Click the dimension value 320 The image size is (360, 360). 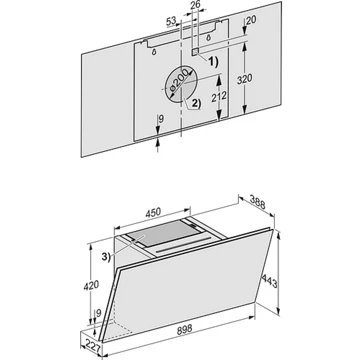point(245,79)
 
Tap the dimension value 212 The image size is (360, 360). point(219,96)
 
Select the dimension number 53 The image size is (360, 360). point(171,22)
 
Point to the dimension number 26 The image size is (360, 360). point(196,5)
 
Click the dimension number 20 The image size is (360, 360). point(251,20)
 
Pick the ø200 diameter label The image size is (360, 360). point(178,82)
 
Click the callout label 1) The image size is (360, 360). point(212,62)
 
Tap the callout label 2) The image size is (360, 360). point(196,104)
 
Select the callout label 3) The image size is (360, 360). point(106,257)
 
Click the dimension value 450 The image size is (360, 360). point(153,212)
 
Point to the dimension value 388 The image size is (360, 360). point(258,202)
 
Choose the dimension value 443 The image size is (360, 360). point(269,281)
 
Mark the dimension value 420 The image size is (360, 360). point(91,285)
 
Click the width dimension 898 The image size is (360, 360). point(184,329)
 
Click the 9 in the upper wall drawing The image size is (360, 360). point(161,119)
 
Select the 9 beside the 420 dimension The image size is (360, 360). point(98,313)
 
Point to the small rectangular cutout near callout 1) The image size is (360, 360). point(194,51)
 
